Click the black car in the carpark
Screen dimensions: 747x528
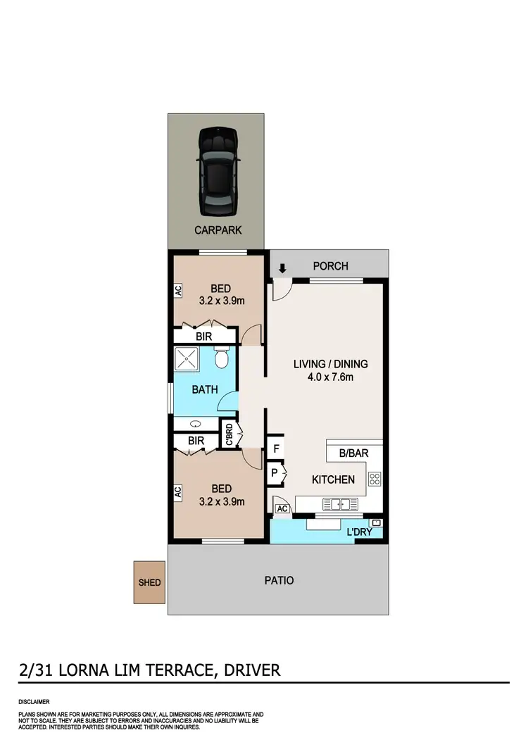tap(218, 172)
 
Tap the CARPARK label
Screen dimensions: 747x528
tap(218, 230)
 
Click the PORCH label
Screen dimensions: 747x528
tap(330, 266)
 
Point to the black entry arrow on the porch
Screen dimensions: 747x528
tap(282, 268)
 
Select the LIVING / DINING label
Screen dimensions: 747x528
tap(330, 364)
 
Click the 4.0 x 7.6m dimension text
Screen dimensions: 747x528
tap(330, 377)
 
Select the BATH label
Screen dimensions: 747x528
tap(204, 389)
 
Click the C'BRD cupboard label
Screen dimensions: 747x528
tap(230, 434)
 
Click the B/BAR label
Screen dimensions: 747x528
tap(353, 453)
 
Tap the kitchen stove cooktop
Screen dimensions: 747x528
tap(375, 479)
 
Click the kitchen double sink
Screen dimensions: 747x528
tap(340, 504)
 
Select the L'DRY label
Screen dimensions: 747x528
tap(359, 532)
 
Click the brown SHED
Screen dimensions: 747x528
tap(149, 582)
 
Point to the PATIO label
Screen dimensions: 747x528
tap(279, 581)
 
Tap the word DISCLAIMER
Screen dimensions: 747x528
tap(34, 702)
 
